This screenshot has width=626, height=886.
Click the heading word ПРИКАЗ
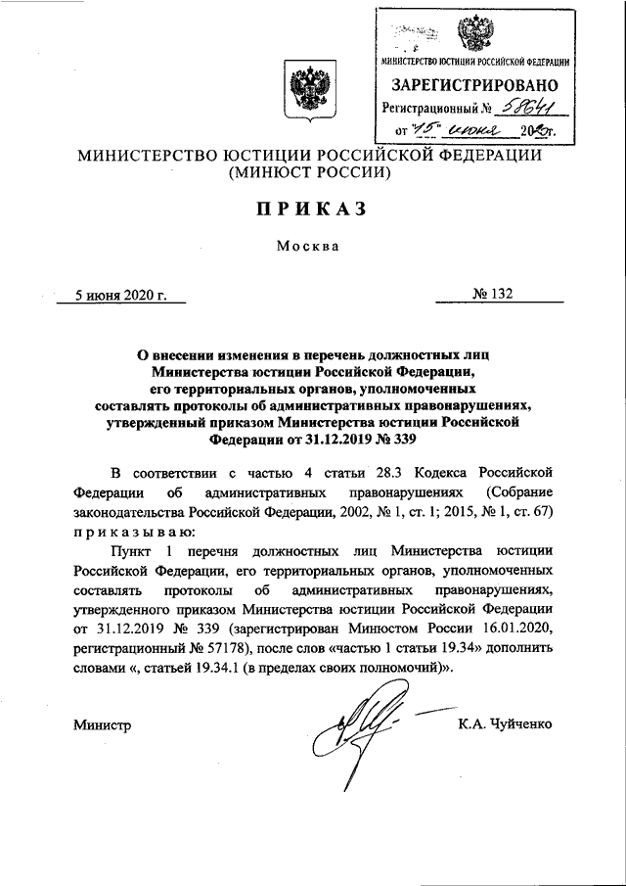[x=312, y=210]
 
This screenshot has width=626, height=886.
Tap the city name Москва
[x=306, y=246]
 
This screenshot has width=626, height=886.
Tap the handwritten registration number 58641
[x=529, y=108]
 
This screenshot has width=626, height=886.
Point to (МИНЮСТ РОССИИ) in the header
[x=310, y=173]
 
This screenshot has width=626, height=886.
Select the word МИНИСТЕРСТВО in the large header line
[x=140, y=156]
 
